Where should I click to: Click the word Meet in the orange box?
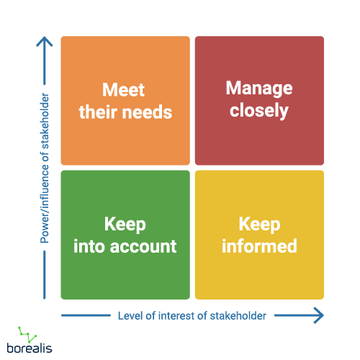point(124,90)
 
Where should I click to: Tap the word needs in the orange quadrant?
point(150,112)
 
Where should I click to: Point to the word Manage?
point(259,89)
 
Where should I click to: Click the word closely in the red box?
point(259,111)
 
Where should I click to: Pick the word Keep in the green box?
point(124,224)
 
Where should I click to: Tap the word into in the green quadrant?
point(90,246)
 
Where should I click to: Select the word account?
point(143,246)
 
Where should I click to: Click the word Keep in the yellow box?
point(258,224)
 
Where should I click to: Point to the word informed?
point(258,246)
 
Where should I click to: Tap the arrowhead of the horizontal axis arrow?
point(318,315)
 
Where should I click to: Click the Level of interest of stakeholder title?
point(191,315)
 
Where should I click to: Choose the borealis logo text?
point(31,348)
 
